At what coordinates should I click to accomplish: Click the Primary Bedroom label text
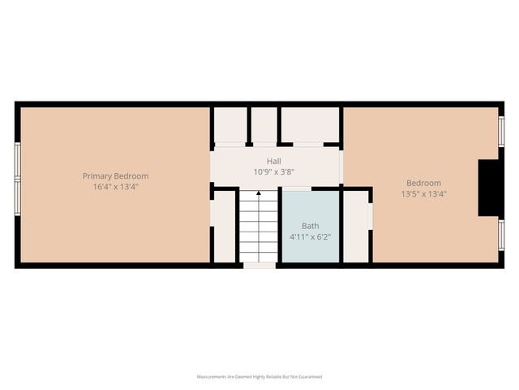point(116,175)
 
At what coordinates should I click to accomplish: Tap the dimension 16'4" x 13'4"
point(116,186)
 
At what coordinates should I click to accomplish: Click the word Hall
point(274,162)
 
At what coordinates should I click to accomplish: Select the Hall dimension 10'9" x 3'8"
point(274,172)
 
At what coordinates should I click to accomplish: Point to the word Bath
point(311,226)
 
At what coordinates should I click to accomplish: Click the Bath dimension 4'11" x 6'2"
point(311,237)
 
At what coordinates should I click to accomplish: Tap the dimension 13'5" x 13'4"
point(423,194)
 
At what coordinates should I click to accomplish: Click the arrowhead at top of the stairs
point(259,194)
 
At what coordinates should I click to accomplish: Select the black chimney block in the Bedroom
point(489,188)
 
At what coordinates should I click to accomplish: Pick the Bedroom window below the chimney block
point(501,235)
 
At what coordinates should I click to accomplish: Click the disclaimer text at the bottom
point(259,377)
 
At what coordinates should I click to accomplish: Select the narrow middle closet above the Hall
point(264,125)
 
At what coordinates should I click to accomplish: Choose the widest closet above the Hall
point(310,125)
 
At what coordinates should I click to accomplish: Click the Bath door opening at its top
point(296,188)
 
